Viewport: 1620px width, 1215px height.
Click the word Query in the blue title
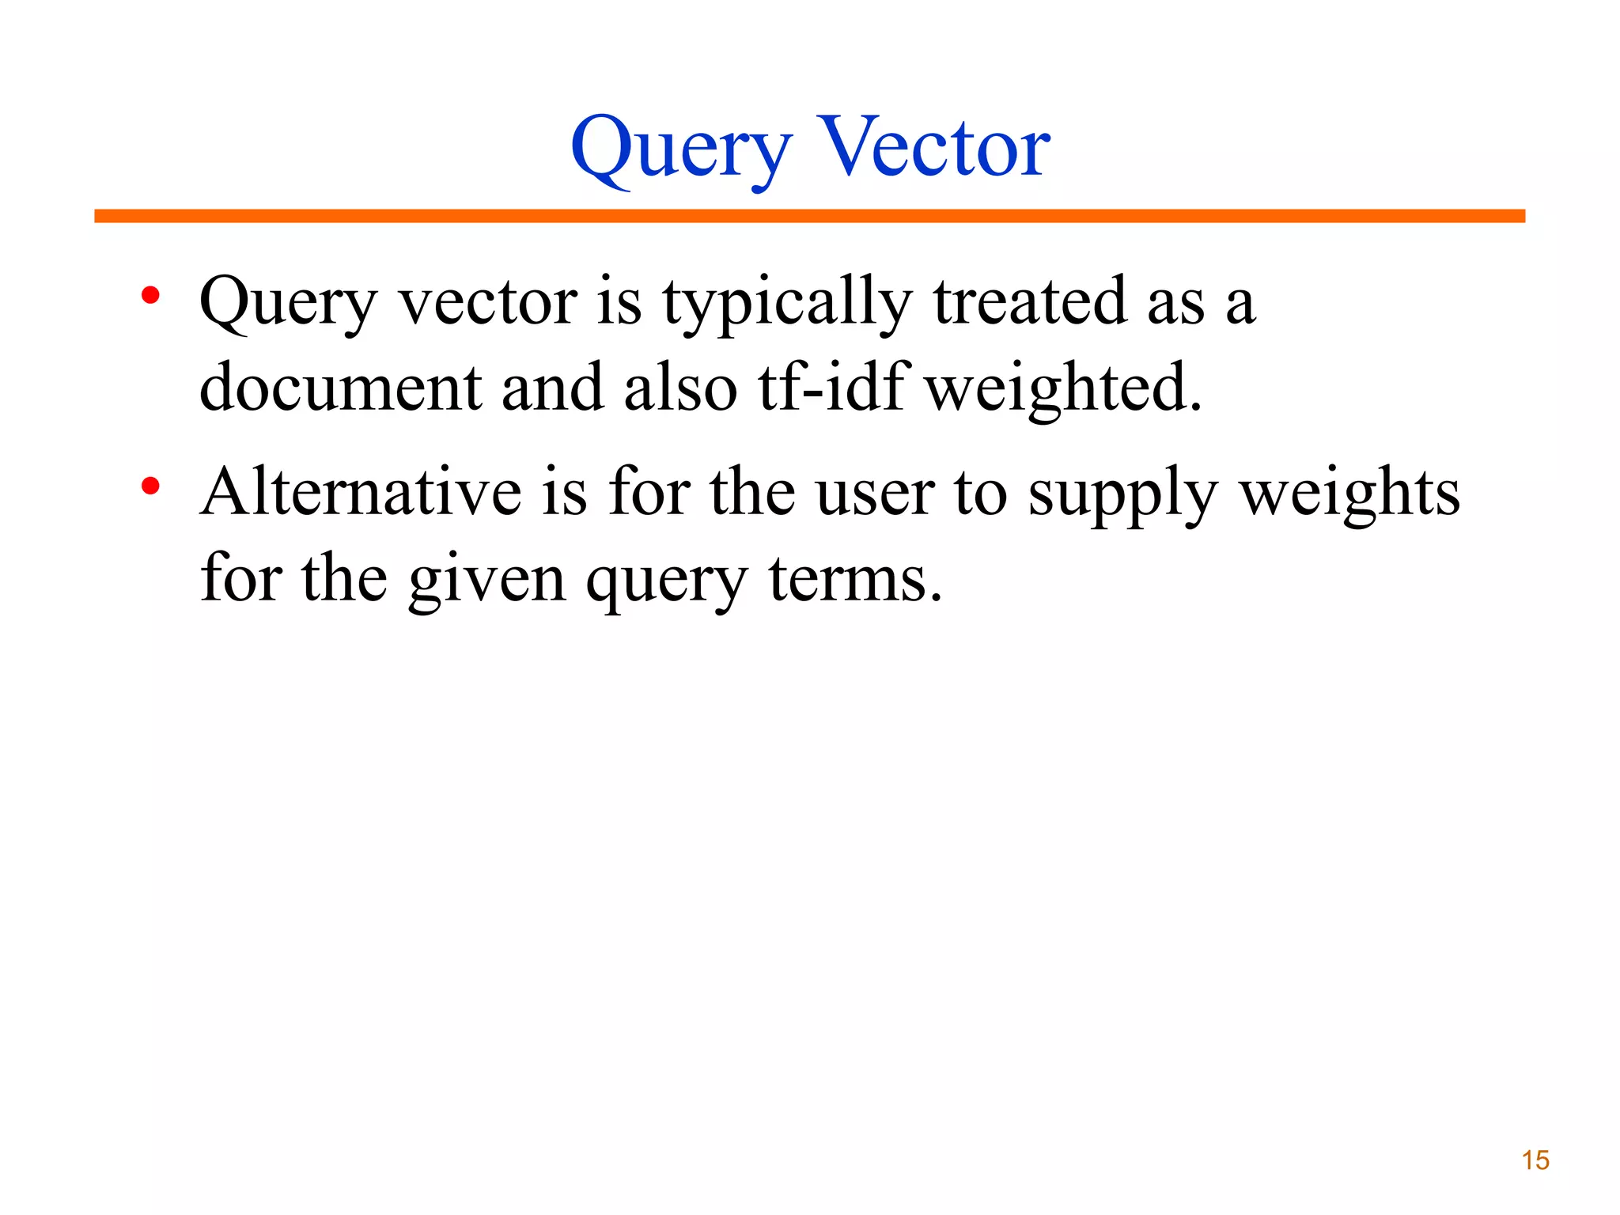(x=681, y=150)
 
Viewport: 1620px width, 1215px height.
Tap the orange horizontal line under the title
(x=809, y=216)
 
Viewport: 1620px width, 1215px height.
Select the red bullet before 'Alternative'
(x=150, y=486)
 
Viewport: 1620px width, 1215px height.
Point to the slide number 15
(x=1535, y=1160)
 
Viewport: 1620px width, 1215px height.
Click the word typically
(x=787, y=305)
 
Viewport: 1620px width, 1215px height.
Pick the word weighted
(x=1062, y=389)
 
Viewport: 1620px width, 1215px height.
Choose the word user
(x=875, y=494)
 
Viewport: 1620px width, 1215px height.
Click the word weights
(x=1349, y=494)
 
